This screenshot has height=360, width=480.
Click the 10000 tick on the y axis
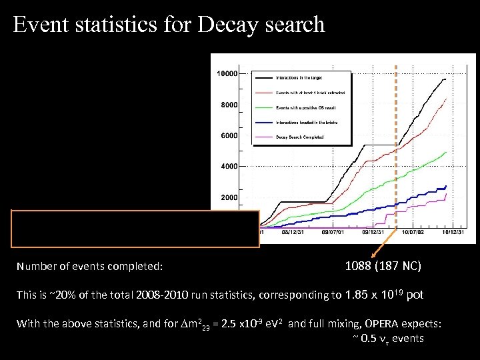coord(227,73)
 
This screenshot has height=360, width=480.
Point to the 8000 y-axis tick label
coord(229,105)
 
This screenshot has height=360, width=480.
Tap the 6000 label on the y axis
coord(229,135)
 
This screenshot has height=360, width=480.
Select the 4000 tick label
coord(229,166)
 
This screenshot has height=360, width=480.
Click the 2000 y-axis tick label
coord(229,197)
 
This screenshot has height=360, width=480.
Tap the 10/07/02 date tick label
coord(411,233)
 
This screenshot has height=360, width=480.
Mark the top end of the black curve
coord(445,79)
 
